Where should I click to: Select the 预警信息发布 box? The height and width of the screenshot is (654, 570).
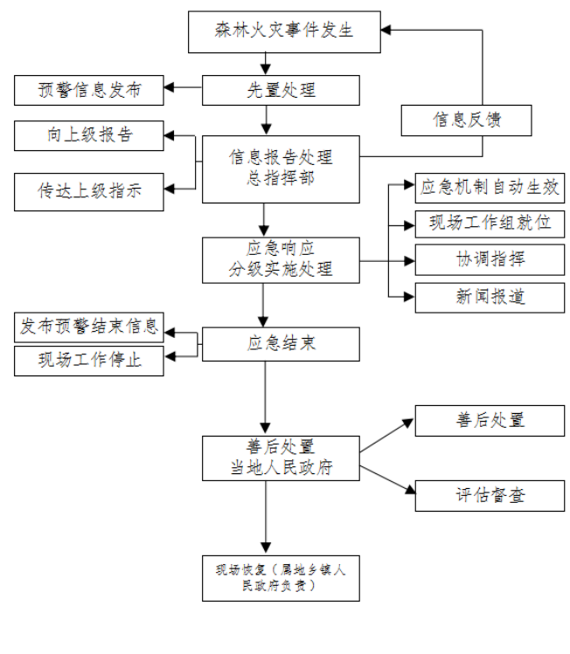88,88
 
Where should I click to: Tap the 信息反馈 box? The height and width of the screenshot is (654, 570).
467,120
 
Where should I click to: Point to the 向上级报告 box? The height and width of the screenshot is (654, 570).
89,136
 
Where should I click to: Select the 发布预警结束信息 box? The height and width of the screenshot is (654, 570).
89,327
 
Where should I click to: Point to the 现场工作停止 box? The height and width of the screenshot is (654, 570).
89,359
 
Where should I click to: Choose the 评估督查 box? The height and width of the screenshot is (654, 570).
486,495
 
